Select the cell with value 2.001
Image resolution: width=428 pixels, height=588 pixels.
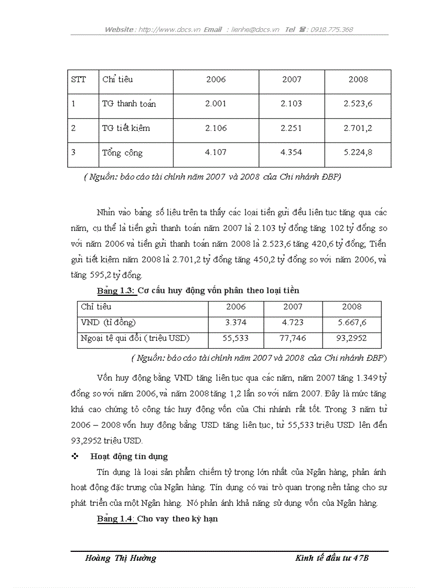pyautogui.click(x=216, y=104)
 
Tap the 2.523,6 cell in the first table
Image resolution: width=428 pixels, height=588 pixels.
pyautogui.click(x=358, y=104)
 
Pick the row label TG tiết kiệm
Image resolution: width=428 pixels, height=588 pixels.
pyautogui.click(x=129, y=128)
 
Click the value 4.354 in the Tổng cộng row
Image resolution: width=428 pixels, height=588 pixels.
pyautogui.click(x=291, y=152)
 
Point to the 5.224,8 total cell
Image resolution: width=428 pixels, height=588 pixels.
pyautogui.click(x=358, y=152)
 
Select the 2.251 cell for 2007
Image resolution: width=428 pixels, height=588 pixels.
pyautogui.click(x=291, y=128)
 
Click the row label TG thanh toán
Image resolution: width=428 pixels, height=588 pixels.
pyautogui.click(x=129, y=104)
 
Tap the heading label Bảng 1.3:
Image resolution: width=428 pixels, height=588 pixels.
pyautogui.click(x=116, y=291)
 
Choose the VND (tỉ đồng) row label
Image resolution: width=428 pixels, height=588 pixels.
pyautogui.click(x=108, y=323)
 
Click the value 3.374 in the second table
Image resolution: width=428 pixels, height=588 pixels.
pyautogui.click(x=236, y=323)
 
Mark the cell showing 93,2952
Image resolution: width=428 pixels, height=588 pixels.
pyautogui.click(x=351, y=338)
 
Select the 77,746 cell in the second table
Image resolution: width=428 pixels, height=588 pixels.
pyautogui.click(x=293, y=338)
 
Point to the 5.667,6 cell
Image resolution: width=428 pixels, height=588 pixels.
pyautogui.click(x=351, y=323)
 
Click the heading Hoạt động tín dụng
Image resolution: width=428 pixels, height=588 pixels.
pyautogui.click(x=129, y=457)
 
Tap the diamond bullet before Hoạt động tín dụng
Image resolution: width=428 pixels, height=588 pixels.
pyautogui.click(x=74, y=457)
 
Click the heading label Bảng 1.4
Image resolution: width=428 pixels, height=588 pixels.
pyautogui.click(x=116, y=519)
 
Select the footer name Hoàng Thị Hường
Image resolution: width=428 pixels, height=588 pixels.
pyautogui.click(x=121, y=558)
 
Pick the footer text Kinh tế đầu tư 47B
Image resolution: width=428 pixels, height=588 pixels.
pyautogui.click(x=332, y=558)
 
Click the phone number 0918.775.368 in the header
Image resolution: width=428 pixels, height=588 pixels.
pyautogui.click(x=331, y=30)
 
